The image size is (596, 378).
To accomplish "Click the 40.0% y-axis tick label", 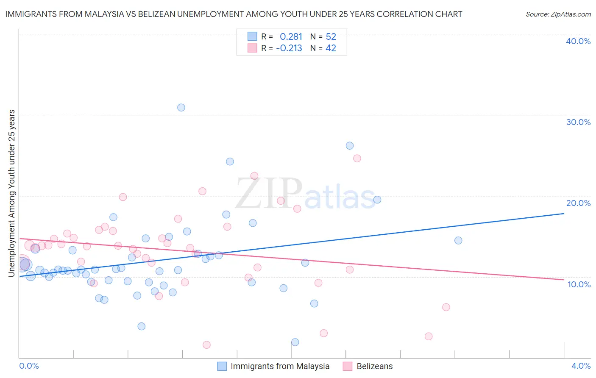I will coord(578,41).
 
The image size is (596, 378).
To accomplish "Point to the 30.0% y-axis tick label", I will coord(578,122).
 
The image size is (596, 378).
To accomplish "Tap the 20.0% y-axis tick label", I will coord(578,203).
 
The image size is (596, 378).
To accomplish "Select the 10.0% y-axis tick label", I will coord(579,284).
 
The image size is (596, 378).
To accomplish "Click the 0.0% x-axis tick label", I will coord(29,366).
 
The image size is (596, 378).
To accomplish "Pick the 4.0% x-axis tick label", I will coord(581,366).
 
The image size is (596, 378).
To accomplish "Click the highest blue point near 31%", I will coord(181,108).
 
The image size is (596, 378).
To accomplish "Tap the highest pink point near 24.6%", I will coord(357,158).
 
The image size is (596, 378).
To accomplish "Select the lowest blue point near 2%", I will coord(295,342).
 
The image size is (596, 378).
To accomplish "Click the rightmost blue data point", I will coord(458,241).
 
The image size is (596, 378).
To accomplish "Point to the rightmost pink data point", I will coord(446,307).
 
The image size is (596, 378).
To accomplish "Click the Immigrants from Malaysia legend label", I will coord(280,366).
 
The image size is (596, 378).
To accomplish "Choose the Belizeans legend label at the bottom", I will coord(374,366).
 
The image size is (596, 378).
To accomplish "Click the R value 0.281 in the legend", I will coord(291,37).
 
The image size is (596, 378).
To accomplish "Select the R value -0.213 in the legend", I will coord(289,48).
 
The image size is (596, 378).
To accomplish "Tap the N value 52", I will coord(331,37).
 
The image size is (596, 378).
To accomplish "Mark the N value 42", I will coord(331,48).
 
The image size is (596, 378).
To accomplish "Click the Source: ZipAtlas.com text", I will coord(558,14).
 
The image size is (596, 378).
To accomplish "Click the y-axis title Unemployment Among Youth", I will coord(11,193).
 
